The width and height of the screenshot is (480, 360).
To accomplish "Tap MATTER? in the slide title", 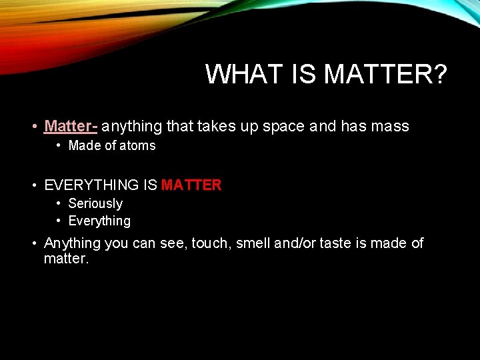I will pos(385,74).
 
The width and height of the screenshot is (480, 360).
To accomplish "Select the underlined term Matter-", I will pos(71,126).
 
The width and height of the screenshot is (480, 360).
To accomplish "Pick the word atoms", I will pos(138,145).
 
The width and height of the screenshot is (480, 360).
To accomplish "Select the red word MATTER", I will pos(191,185).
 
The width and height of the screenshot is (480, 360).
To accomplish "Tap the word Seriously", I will pos(95,203).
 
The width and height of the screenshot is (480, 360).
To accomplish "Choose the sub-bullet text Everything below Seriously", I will pos(99,221).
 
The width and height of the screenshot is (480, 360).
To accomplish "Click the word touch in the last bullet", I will pos(209,243).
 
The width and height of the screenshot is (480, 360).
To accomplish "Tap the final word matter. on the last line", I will pos(66,258).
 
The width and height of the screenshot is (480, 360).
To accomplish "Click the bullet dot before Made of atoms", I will pos(59,145).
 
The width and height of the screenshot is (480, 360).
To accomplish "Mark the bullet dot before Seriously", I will pos(59,203).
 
